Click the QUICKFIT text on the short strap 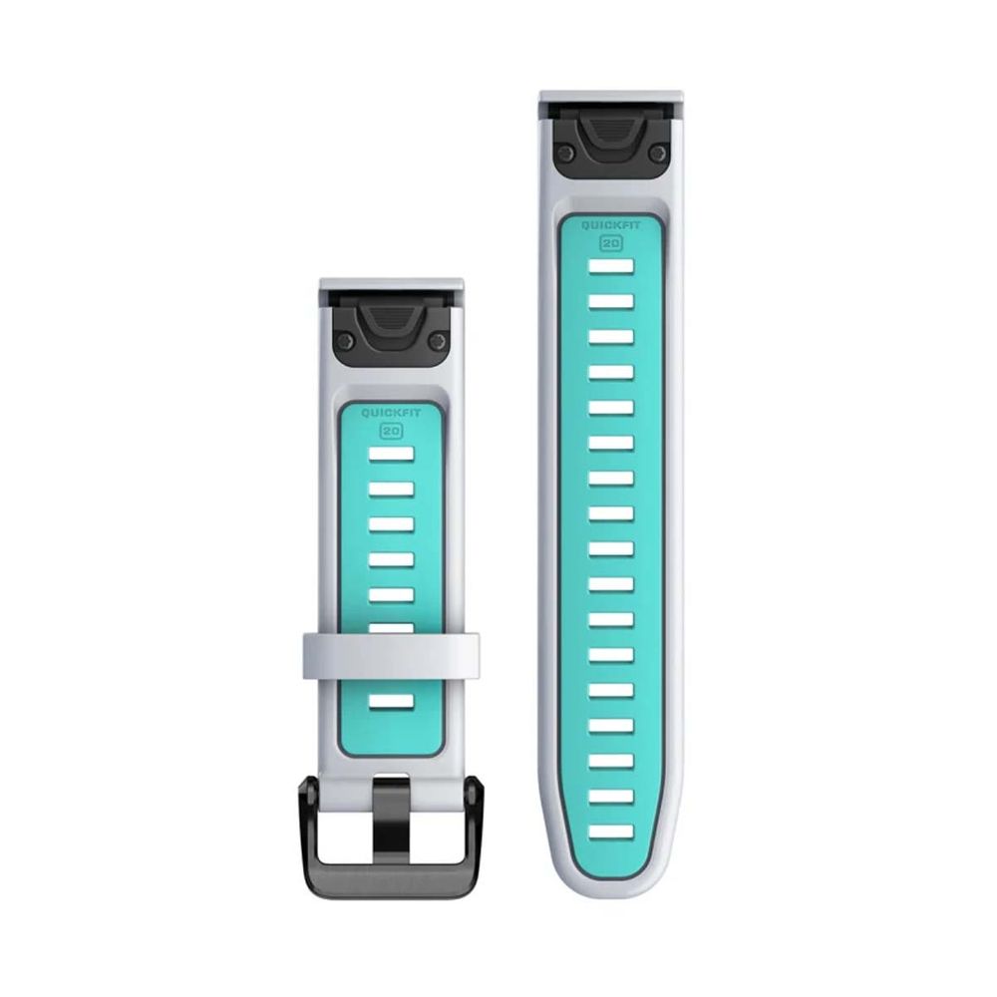tap(391, 414)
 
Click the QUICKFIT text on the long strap tap(611, 225)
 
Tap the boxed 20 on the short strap tap(391, 431)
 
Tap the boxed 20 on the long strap tap(611, 243)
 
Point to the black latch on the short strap tap(391, 328)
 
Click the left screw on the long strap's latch tap(564, 152)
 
